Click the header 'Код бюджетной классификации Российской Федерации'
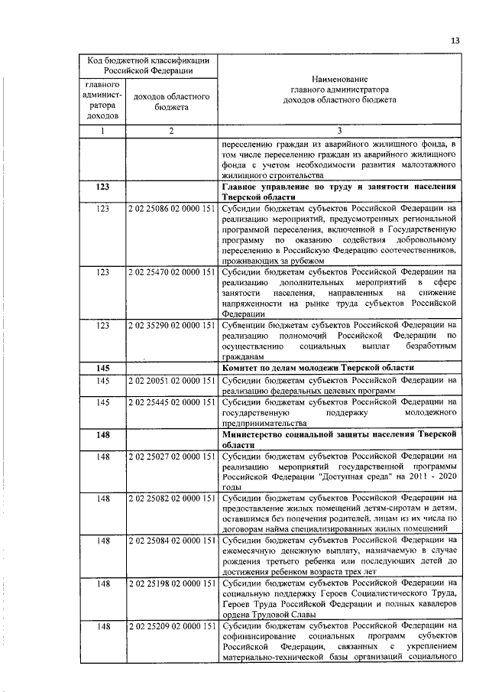pyautogui.click(x=148, y=64)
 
